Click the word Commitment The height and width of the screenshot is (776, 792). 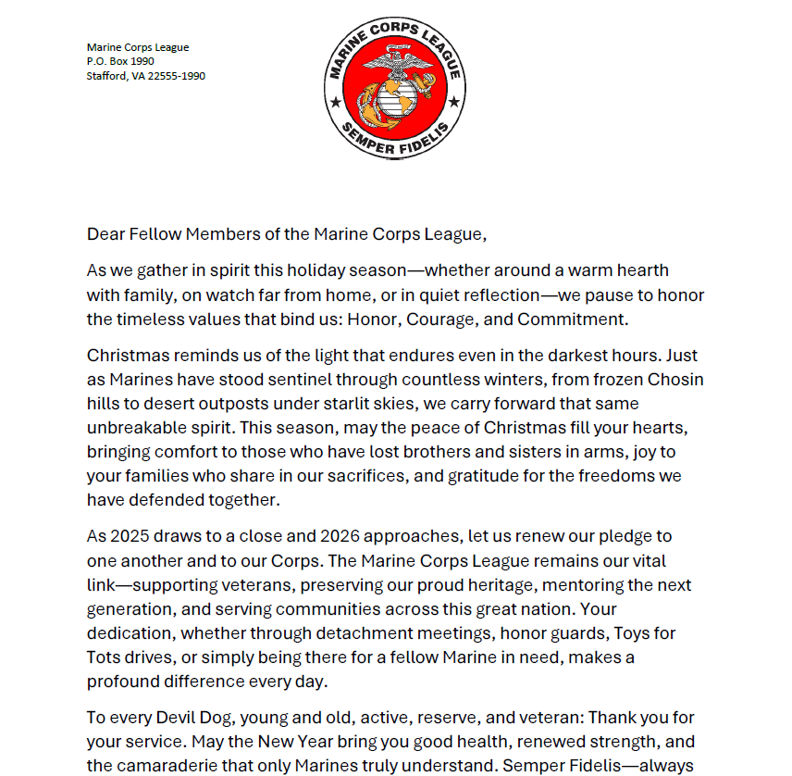tap(572, 319)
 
